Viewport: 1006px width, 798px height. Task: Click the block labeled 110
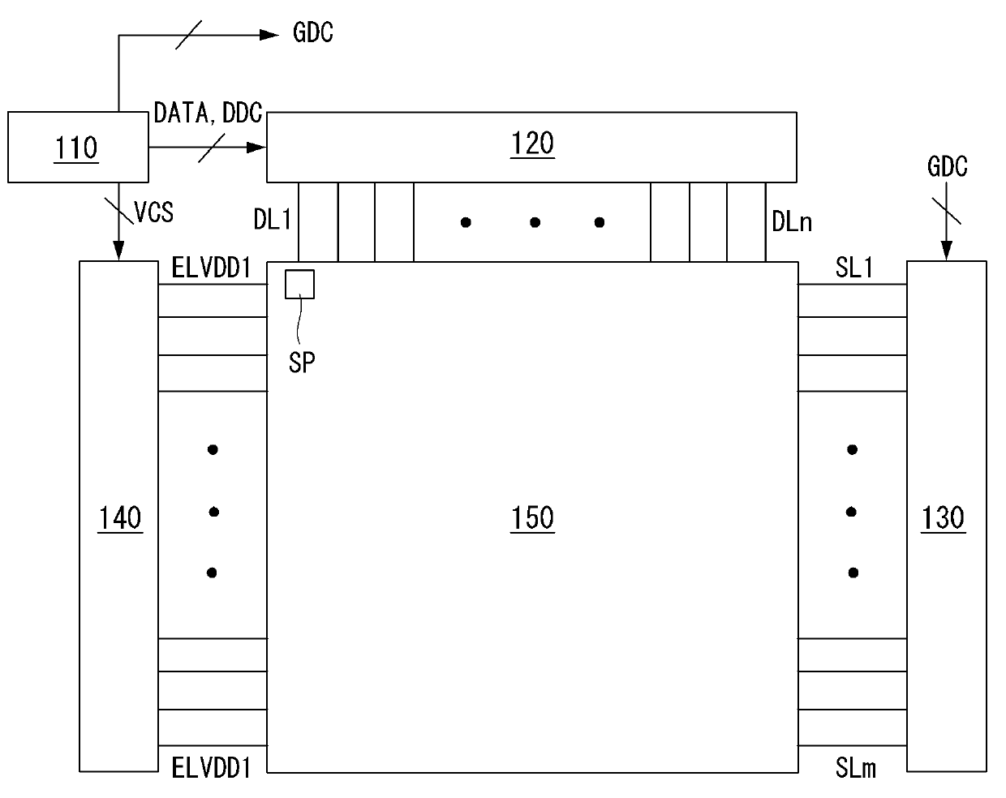[x=78, y=147]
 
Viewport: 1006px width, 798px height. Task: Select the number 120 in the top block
[x=532, y=144]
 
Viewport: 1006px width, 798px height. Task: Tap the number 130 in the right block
[x=944, y=517]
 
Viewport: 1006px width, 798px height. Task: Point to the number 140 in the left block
[x=119, y=517]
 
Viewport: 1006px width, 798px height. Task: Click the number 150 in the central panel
[x=532, y=517]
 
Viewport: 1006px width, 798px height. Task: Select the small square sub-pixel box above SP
[x=299, y=284]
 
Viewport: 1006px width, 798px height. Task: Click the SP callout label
[x=301, y=363]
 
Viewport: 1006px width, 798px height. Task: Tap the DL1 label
[x=273, y=221]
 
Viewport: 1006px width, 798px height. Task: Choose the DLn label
[x=792, y=221]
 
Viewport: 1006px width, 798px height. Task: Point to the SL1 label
[x=854, y=268]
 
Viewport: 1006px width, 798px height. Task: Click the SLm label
[x=855, y=767]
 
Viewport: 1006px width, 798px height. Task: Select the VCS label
[x=154, y=212]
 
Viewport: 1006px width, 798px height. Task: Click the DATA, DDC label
[x=208, y=114]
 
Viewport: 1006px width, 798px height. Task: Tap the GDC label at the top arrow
[x=312, y=33]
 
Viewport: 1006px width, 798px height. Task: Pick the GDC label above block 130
[x=947, y=167]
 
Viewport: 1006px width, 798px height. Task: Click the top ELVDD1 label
[x=211, y=268]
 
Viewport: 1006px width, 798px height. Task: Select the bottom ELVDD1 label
[x=211, y=767]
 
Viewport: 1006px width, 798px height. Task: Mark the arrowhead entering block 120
[x=257, y=148]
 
